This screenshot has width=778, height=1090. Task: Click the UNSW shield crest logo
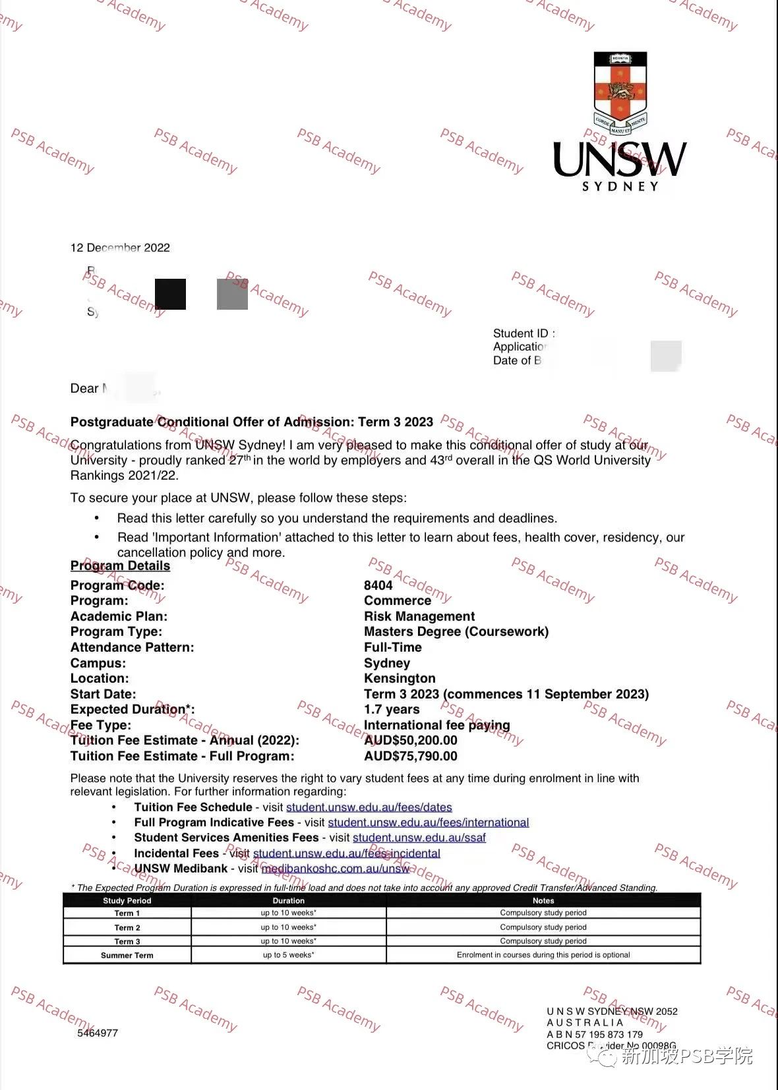[x=620, y=93]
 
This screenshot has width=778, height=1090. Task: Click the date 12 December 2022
[x=120, y=248]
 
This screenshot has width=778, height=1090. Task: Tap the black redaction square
[x=170, y=294]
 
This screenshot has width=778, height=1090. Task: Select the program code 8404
[x=378, y=585]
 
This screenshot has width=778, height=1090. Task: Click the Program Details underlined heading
[x=120, y=566]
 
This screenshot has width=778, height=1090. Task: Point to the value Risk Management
[x=419, y=616]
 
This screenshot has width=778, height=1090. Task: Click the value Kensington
[x=400, y=678]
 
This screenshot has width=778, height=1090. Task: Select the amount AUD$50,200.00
[x=410, y=740]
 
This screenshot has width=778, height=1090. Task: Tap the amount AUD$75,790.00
[x=410, y=756]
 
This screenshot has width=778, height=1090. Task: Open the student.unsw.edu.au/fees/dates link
[x=369, y=807]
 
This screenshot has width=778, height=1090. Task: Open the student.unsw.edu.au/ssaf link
[x=419, y=838]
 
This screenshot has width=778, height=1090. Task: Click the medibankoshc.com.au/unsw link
[x=335, y=869]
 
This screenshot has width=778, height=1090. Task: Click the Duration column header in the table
[x=288, y=900]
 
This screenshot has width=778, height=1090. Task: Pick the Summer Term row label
[x=127, y=955]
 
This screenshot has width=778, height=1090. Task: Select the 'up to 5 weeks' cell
[x=288, y=955]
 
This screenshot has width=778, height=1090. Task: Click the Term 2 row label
[x=127, y=927]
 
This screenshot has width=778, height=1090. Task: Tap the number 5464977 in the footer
[x=98, y=1033]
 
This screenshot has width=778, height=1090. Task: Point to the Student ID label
[x=524, y=333]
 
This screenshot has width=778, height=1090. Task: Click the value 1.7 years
[x=392, y=709]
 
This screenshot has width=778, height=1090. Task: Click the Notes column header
[x=543, y=900]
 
